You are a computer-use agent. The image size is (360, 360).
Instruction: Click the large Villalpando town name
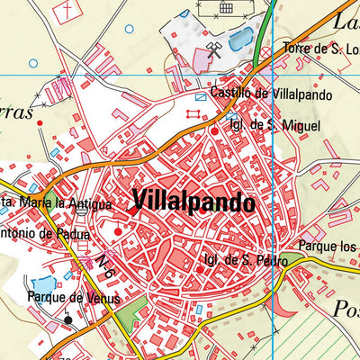tap(193, 202)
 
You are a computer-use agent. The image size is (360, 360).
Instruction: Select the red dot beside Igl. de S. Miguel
tap(214, 131)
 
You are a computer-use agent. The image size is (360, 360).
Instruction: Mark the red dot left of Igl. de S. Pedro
tap(199, 268)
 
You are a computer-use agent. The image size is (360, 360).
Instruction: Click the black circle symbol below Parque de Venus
tap(67, 318)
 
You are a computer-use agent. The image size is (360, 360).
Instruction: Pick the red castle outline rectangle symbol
tap(192, 113)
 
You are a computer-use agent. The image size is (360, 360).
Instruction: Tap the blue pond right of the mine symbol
tap(240, 39)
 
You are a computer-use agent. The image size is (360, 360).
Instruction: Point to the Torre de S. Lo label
tap(320, 48)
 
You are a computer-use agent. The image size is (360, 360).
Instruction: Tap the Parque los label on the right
tap(328, 245)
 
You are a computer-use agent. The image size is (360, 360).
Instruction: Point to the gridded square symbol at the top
tap(226, 7)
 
